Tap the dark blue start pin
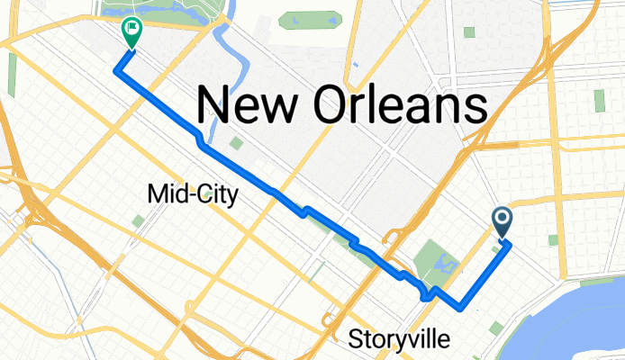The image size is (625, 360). [x=502, y=220]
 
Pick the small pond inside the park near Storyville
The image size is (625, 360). [x=444, y=263]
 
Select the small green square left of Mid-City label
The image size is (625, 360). [x=138, y=220]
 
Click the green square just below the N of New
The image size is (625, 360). [x=235, y=142]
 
